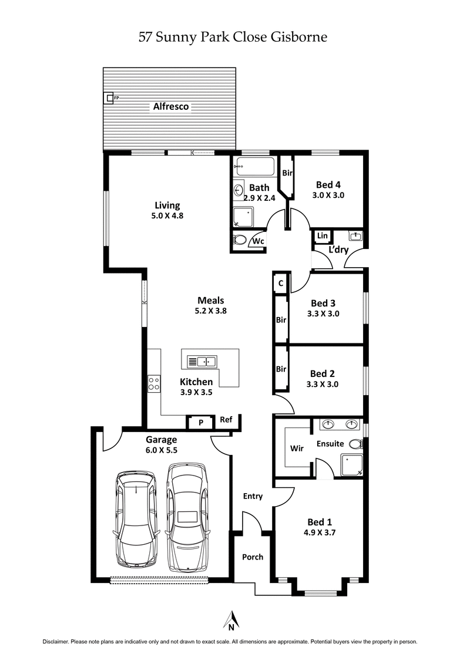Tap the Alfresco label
(x=170, y=107)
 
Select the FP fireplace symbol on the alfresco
(x=109, y=98)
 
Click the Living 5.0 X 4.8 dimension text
(x=167, y=215)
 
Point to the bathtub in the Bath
(x=254, y=167)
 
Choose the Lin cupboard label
(x=322, y=236)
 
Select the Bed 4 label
(x=328, y=184)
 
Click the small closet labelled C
(x=281, y=283)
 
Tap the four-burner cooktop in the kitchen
(x=154, y=384)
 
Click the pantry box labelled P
(x=201, y=422)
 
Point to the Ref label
(x=226, y=420)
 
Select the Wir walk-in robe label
(x=297, y=448)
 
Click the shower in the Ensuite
(x=352, y=465)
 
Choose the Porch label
(x=253, y=557)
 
